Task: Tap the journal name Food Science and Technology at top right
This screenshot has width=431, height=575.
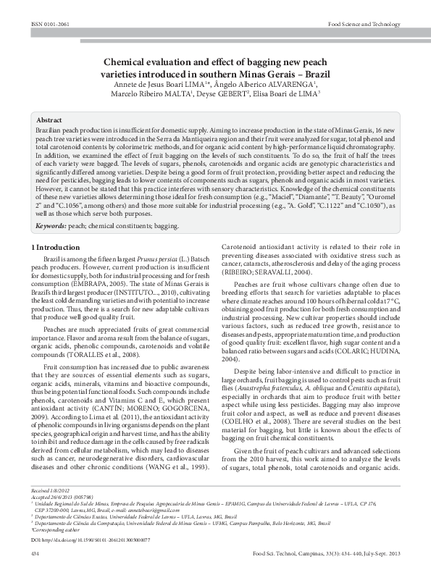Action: (364, 24)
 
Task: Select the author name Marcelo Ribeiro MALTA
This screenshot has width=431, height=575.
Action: (151, 93)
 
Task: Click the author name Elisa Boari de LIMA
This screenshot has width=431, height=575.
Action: (287, 93)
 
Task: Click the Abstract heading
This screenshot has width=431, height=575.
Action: (49, 119)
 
